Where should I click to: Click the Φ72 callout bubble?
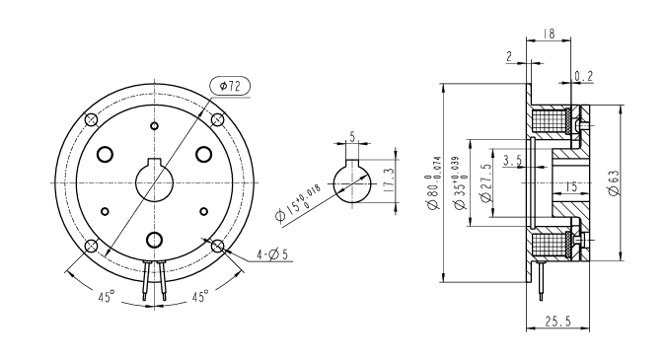tap(230, 86)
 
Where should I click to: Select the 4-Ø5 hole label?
tap(272, 254)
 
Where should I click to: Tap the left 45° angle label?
tap(107, 296)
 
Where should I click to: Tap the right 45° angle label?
tap(200, 296)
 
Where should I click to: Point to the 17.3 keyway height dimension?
tap(389, 180)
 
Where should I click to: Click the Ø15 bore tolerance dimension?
tap(298, 204)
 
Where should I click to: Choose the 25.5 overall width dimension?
tap(558, 322)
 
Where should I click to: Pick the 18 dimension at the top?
tap(550, 34)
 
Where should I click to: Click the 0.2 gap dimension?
tap(583, 76)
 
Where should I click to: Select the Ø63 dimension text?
tap(614, 182)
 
